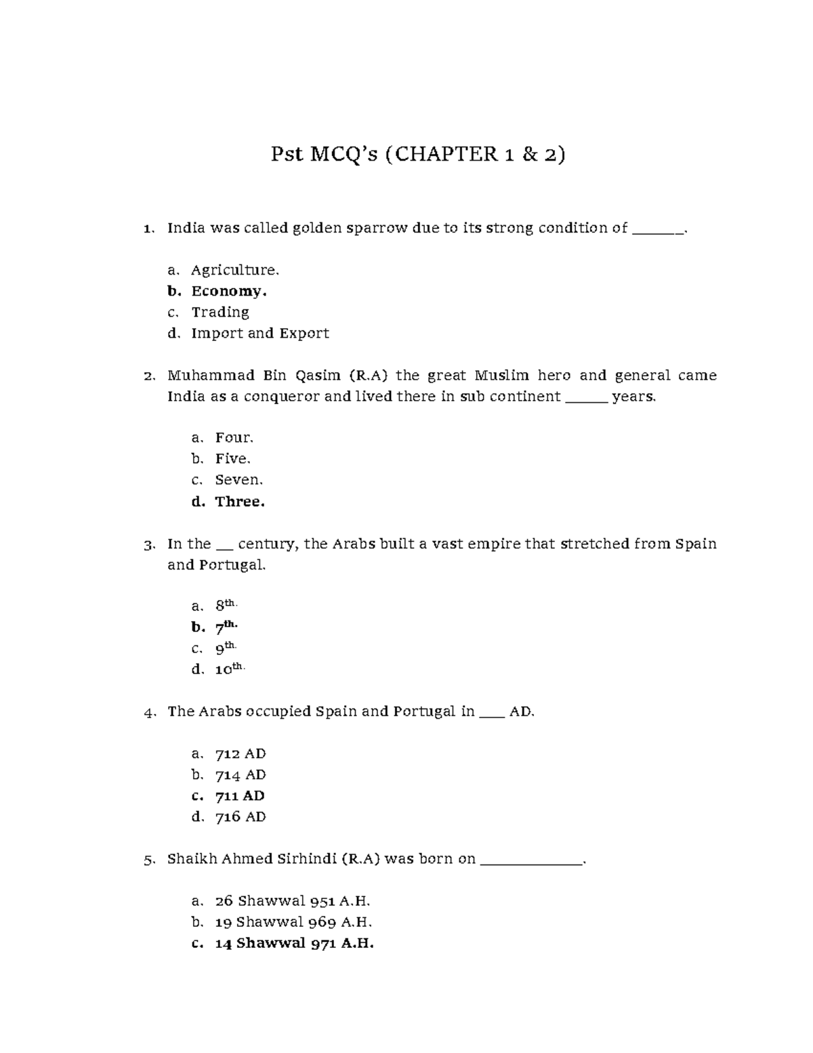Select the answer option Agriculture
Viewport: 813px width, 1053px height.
(234, 270)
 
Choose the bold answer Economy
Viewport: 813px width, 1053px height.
(229, 291)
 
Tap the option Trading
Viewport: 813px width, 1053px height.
(220, 312)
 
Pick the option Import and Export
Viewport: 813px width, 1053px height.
(260, 333)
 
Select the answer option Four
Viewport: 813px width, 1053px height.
(234, 437)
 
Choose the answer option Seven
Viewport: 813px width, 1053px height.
(238, 479)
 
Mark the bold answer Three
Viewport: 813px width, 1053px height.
(240, 502)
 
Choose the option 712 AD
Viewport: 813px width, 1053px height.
(240, 753)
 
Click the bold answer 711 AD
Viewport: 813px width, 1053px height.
(240, 795)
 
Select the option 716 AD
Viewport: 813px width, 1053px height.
(240, 816)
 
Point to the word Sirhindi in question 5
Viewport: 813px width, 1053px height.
(308, 858)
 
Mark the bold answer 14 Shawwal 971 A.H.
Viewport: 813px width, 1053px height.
(294, 943)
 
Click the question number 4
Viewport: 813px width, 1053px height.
(149, 712)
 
